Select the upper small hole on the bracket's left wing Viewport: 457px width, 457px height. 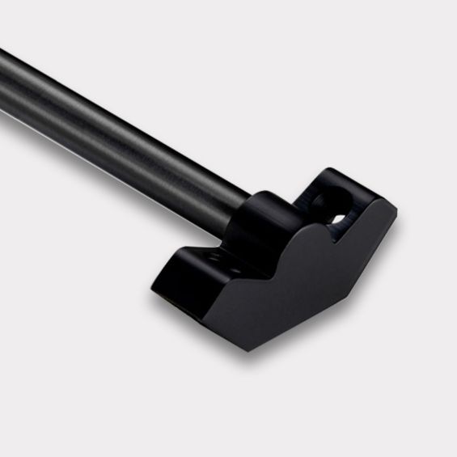[x=215, y=256]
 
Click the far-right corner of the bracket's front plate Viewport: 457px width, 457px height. [x=396, y=212]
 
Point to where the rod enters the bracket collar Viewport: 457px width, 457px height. [x=247, y=202]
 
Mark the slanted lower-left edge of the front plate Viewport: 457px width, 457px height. [x=202, y=315]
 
